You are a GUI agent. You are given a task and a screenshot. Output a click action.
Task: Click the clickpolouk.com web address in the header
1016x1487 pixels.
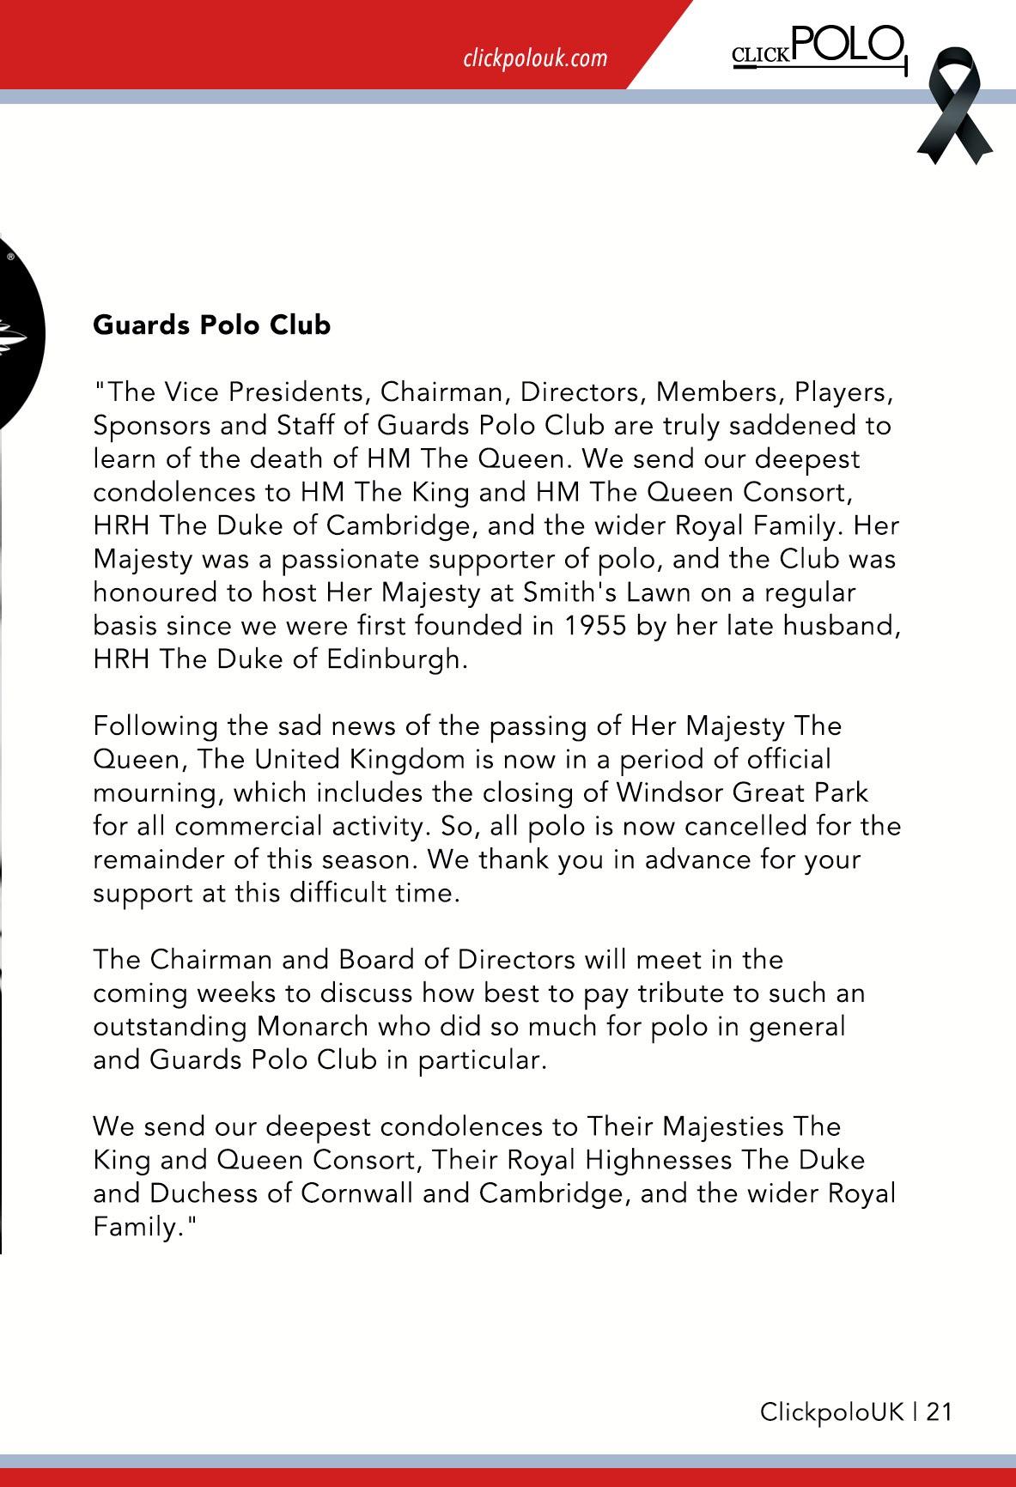534,58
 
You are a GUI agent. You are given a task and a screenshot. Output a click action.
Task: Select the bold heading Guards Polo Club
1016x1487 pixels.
211,325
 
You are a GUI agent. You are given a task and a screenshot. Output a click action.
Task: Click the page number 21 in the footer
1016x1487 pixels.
939,1412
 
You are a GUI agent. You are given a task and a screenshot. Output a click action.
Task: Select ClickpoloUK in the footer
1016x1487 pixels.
831,1412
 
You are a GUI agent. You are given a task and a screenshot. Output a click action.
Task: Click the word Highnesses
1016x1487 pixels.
659,1160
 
